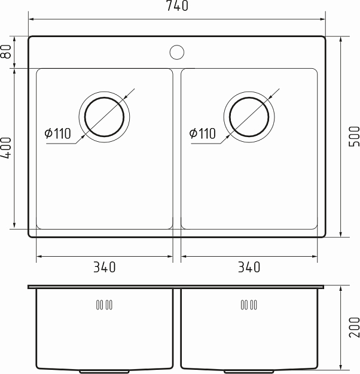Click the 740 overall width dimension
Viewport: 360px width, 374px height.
176,7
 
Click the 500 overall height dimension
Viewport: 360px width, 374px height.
353,137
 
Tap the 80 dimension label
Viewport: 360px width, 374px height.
7,52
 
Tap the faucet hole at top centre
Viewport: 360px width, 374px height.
176,52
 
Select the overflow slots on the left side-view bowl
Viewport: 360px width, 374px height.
104,305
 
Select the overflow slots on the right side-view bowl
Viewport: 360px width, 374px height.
249,305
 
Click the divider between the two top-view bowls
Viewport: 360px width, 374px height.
177,150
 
